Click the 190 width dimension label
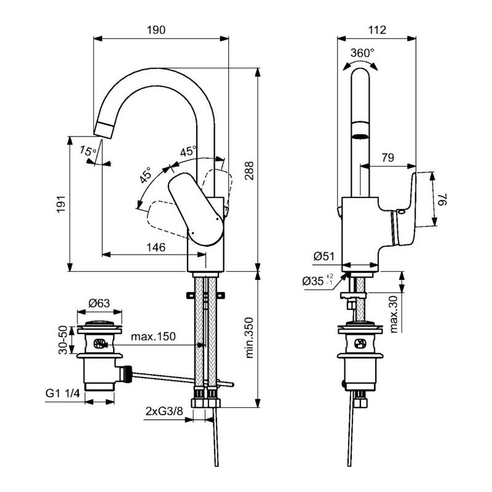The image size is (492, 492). coord(156,30)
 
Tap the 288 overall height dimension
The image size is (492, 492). coord(250,171)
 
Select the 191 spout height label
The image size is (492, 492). coord(61,204)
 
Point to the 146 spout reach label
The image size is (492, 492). coord(156,248)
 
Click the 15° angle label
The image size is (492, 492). coord(88,151)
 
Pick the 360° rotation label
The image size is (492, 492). coord(362,53)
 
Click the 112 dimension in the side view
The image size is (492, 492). coord(377,30)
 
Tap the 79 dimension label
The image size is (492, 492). coord(388,157)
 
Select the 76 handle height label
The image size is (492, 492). coord(443,199)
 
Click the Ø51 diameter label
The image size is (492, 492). coord(324,256)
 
